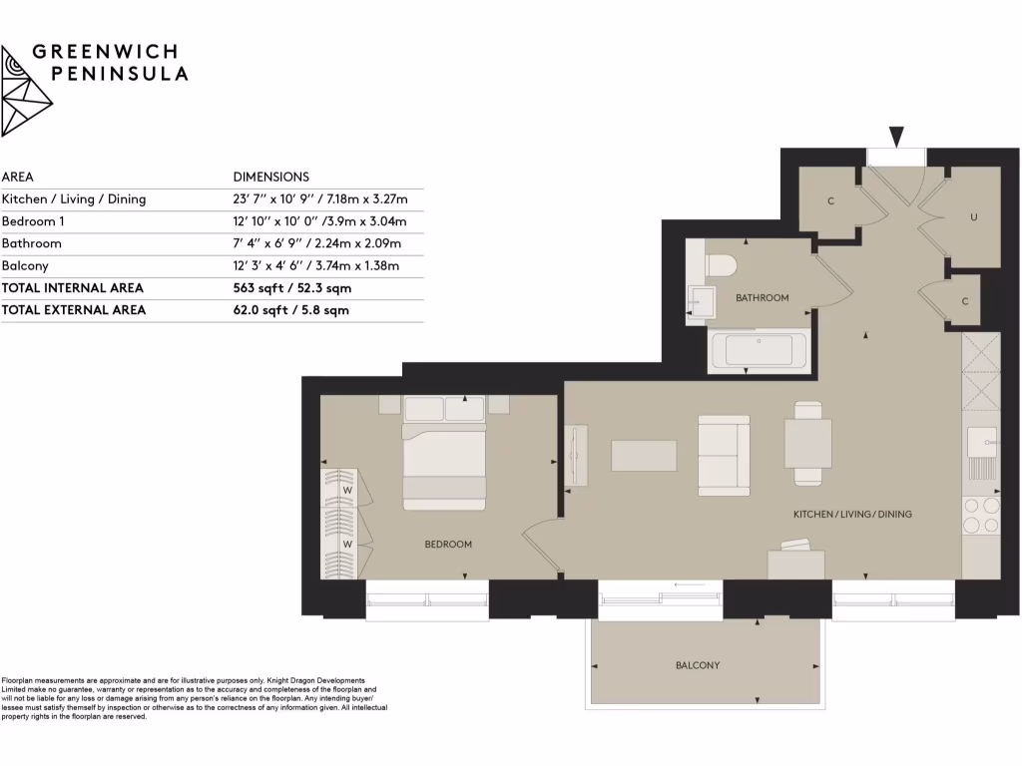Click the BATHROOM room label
(x=762, y=297)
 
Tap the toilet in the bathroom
(x=720, y=265)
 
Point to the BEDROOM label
(x=448, y=545)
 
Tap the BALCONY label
(x=697, y=665)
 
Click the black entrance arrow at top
(x=896, y=137)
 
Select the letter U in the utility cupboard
(x=973, y=216)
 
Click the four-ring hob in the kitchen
(x=979, y=515)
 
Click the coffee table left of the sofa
(x=644, y=456)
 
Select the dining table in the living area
(x=806, y=444)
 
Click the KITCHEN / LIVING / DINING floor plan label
(x=852, y=515)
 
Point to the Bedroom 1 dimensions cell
(x=316, y=221)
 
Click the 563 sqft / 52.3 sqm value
(x=291, y=288)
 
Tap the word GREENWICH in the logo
(x=108, y=52)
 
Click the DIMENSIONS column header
(x=270, y=177)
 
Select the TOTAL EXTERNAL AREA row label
(x=74, y=310)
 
